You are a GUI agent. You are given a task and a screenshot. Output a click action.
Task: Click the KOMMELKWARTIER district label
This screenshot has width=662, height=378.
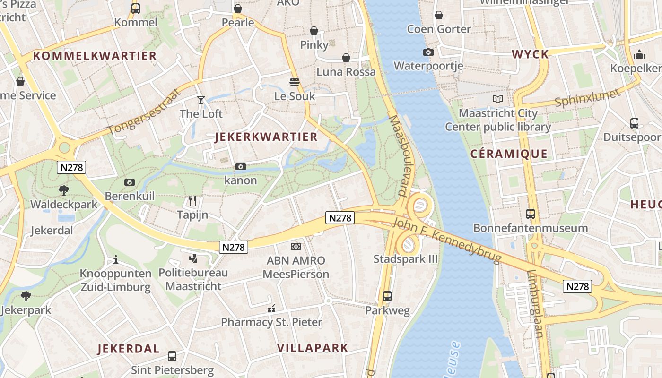(95, 56)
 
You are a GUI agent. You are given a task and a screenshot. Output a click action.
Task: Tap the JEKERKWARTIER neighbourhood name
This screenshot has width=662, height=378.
(266, 137)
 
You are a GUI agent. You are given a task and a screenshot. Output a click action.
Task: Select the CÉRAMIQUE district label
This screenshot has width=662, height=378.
(509, 154)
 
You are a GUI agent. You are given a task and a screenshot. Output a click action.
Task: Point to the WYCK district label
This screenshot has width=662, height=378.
(530, 54)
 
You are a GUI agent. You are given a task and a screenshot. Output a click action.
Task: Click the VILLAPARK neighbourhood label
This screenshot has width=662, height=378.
(312, 348)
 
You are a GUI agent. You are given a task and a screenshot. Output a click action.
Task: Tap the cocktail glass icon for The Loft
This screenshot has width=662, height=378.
(201, 100)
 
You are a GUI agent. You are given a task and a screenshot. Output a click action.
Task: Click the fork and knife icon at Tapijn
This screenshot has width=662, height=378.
(192, 201)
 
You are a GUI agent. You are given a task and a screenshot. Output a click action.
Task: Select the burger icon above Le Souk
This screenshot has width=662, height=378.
(295, 82)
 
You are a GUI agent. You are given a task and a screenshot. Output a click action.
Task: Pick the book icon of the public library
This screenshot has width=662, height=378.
(497, 99)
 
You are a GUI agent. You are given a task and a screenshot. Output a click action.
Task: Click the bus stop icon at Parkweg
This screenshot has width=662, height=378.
(387, 296)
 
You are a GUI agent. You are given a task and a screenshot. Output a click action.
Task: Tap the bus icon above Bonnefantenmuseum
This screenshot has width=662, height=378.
(531, 214)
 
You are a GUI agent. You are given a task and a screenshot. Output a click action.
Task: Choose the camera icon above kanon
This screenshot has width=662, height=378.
(241, 166)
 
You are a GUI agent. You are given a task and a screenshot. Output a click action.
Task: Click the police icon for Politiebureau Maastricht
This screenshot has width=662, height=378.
(193, 258)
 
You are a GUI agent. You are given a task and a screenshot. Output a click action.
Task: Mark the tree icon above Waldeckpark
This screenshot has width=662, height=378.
(64, 190)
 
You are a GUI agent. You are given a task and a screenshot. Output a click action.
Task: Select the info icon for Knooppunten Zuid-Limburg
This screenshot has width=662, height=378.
(115, 259)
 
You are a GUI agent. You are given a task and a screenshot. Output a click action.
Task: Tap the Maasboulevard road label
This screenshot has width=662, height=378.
(399, 156)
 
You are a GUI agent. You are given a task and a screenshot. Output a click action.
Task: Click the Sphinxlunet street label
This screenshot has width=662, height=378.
(587, 98)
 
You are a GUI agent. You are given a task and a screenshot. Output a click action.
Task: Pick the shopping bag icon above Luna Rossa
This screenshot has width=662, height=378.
(346, 58)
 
